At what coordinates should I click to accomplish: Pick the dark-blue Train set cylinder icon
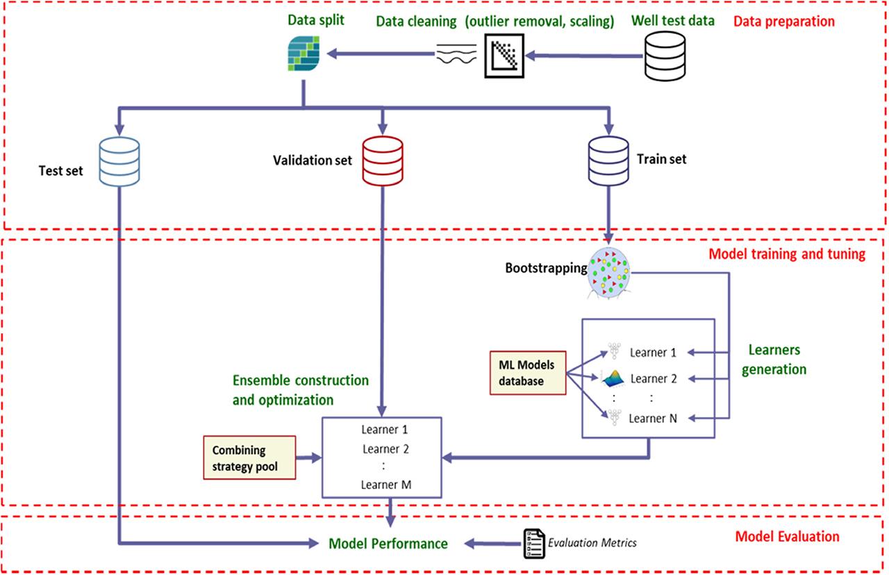609,159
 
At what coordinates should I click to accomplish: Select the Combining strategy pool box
249,458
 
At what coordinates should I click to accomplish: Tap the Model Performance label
388,544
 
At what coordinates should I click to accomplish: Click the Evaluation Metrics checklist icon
531,543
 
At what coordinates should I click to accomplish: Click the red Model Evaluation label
787,537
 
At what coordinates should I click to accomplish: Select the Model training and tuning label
787,254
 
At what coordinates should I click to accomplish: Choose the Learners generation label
774,359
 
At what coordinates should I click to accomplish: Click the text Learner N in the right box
653,418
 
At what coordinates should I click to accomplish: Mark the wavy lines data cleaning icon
456,54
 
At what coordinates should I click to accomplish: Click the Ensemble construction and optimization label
300,390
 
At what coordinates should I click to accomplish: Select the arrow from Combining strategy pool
310,457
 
